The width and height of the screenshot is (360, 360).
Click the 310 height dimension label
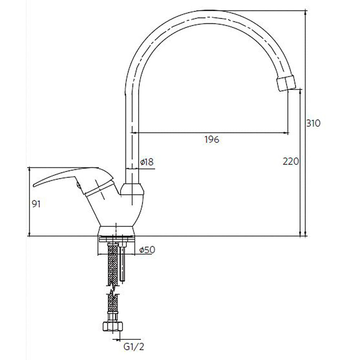(313, 123)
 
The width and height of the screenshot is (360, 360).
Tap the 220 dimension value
(291, 161)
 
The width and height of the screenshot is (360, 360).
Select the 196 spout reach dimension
(212, 139)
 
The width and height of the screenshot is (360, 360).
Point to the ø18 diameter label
(147, 162)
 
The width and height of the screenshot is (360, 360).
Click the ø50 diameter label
(147, 249)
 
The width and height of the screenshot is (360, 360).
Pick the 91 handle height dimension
(36, 204)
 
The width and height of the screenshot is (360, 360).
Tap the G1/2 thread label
(134, 347)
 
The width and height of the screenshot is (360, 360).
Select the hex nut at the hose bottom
(113, 326)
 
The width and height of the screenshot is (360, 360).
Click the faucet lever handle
(73, 180)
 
